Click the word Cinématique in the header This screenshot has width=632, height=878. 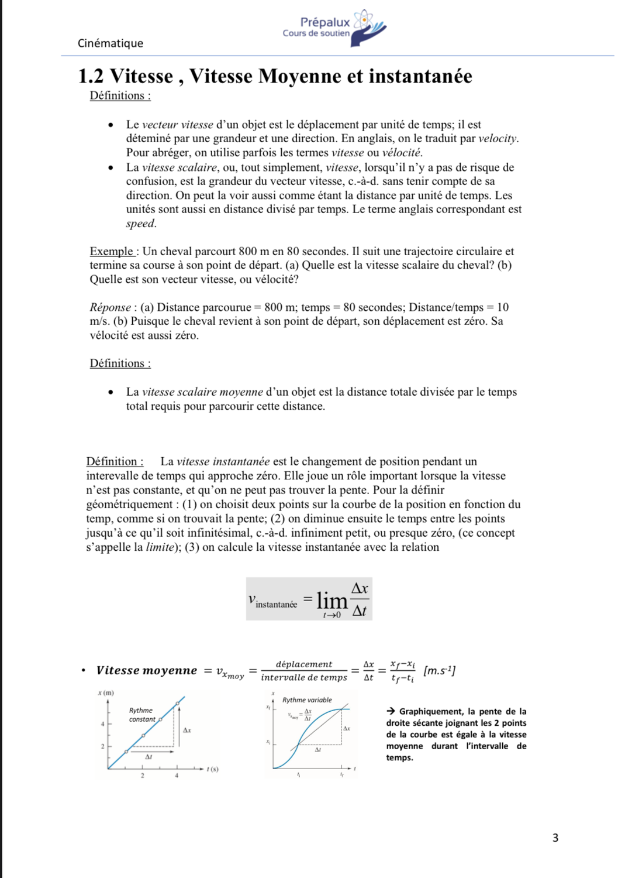(x=110, y=43)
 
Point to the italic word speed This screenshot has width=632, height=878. (x=140, y=224)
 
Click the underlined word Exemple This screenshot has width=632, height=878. (x=112, y=252)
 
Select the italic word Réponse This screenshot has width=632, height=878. (x=110, y=307)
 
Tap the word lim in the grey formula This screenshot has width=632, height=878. (x=331, y=600)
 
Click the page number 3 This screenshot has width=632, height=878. (x=555, y=838)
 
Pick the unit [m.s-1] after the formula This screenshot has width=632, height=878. (x=439, y=671)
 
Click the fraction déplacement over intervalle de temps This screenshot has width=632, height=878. (x=304, y=671)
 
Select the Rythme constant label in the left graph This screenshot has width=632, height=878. (x=141, y=715)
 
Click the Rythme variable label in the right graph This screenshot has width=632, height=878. (x=307, y=700)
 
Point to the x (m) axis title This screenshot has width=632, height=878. (x=106, y=693)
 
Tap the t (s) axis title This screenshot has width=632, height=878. (x=212, y=769)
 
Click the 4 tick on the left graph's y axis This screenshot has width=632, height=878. (x=102, y=724)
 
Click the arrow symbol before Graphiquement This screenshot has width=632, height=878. (x=391, y=712)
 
